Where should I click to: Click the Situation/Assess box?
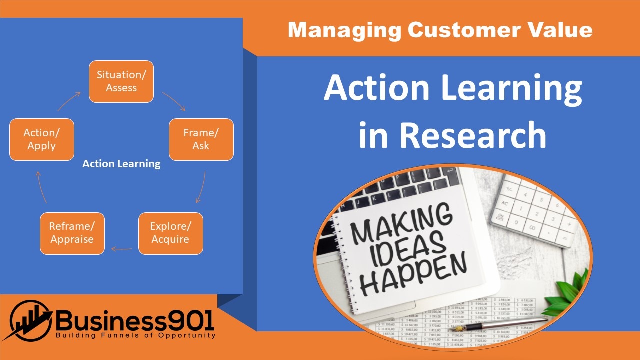(x=121, y=81)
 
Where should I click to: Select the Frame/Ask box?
(x=201, y=139)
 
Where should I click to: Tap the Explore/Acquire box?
(x=170, y=233)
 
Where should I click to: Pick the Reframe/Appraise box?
(x=72, y=233)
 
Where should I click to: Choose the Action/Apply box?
(x=42, y=139)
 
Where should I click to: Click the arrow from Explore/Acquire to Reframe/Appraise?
(x=121, y=248)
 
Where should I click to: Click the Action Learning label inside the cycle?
(x=121, y=164)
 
